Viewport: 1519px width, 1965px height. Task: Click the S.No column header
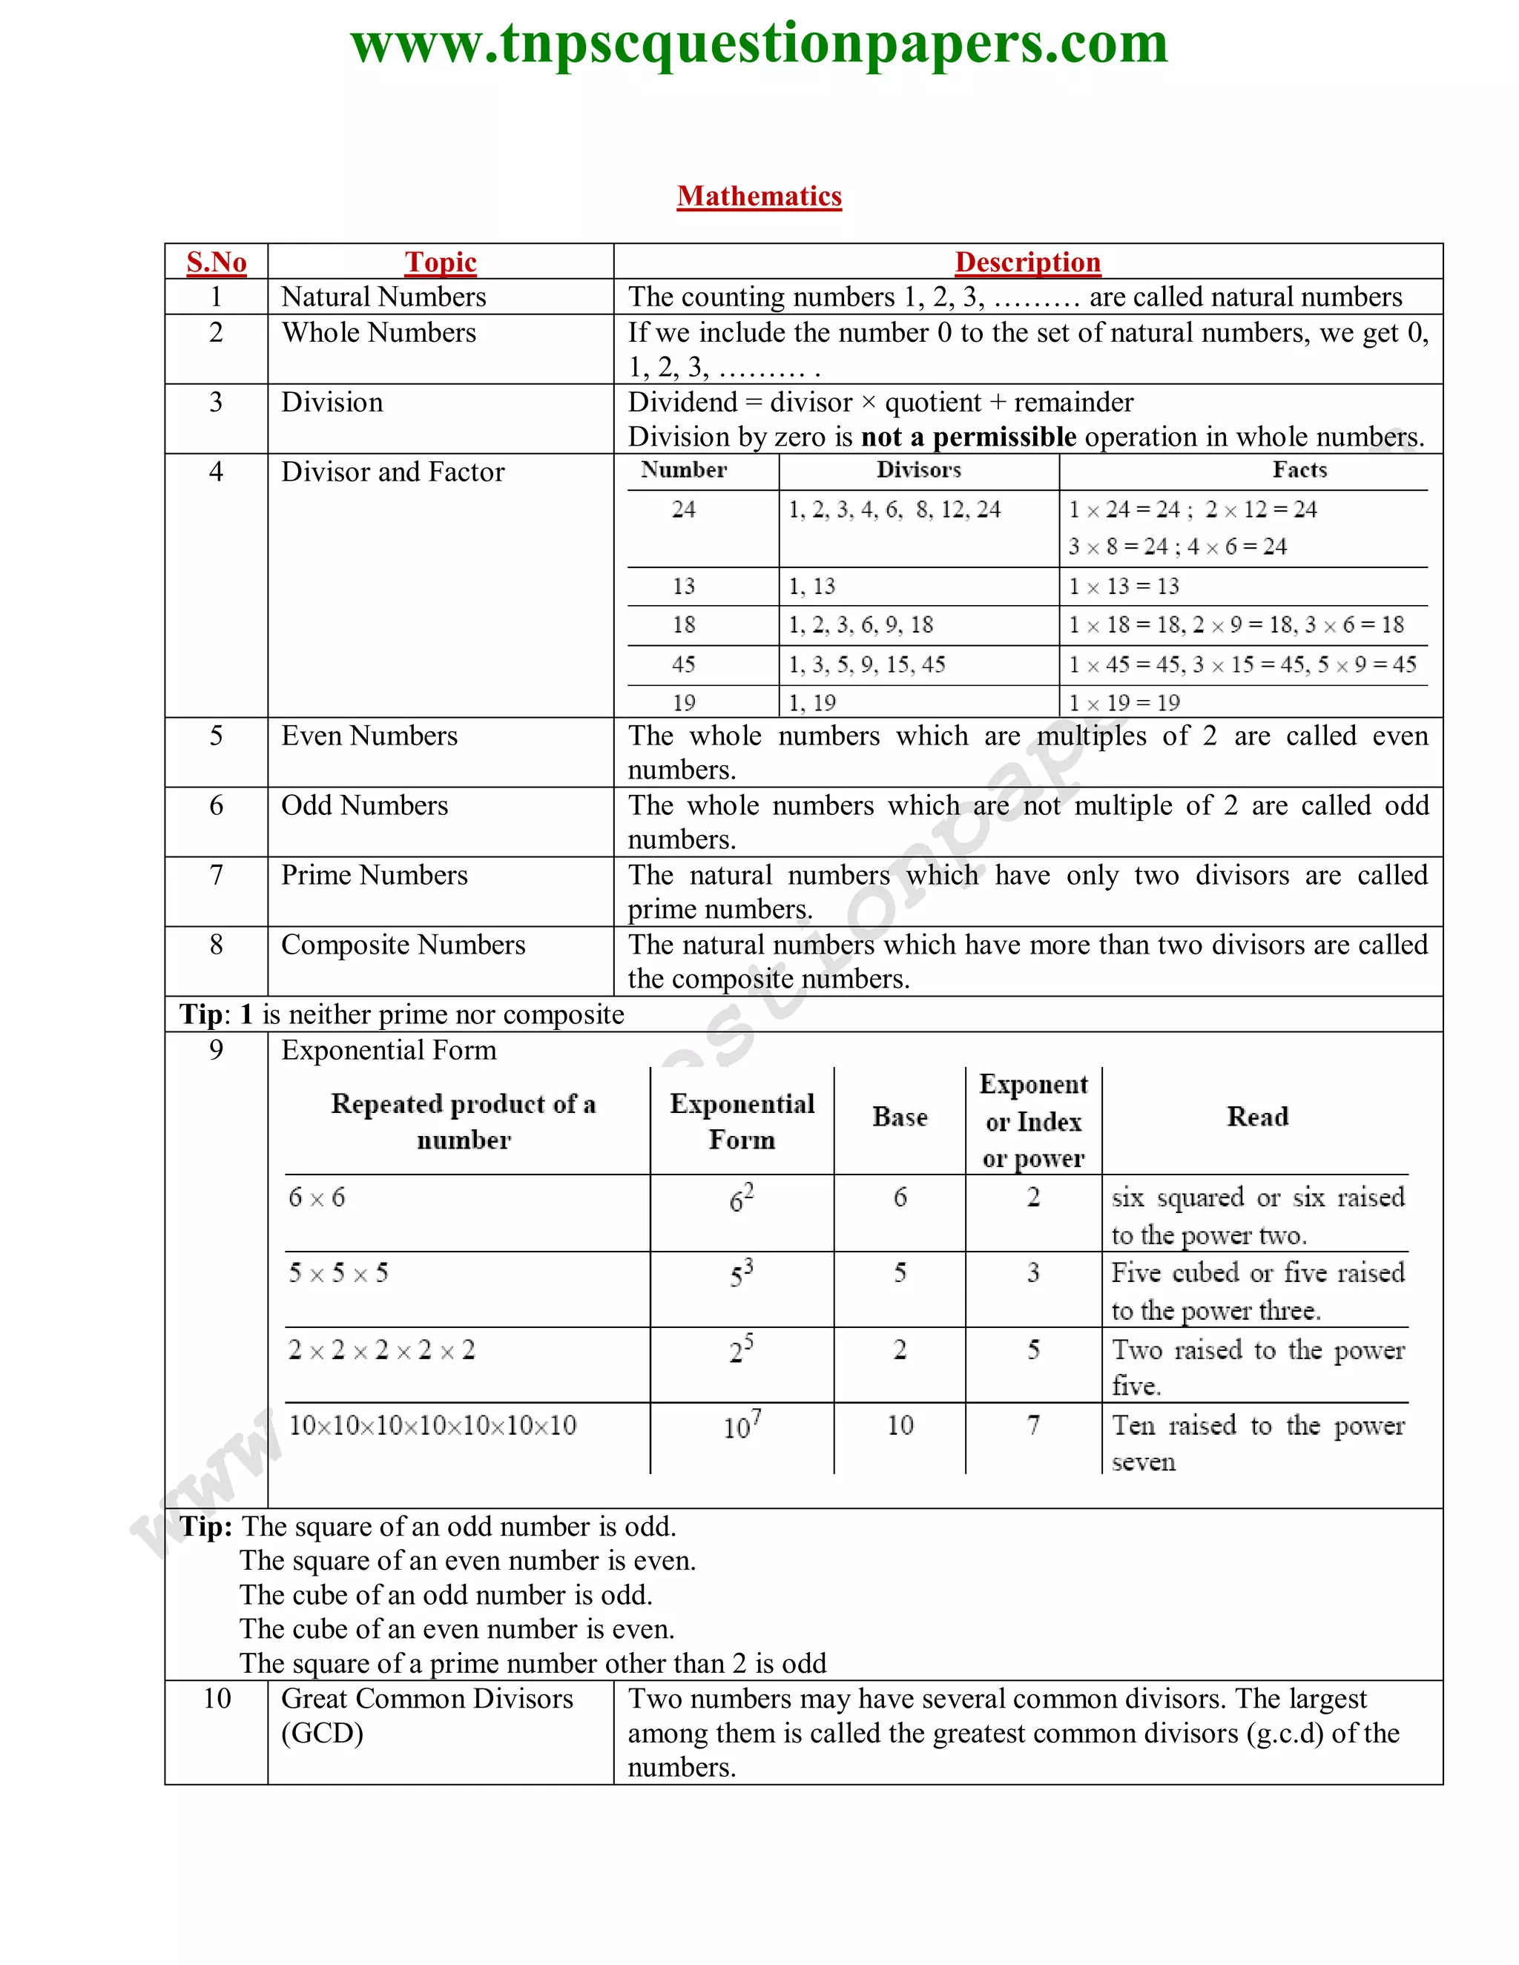click(216, 262)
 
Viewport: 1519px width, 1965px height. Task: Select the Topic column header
click(440, 262)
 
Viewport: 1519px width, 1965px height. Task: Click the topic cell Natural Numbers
click(383, 297)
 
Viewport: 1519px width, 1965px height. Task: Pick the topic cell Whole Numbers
click(379, 333)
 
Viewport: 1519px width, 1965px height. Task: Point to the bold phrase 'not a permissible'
click(968, 437)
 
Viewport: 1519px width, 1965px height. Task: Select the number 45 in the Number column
click(683, 665)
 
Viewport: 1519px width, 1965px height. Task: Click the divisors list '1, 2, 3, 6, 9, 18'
click(860, 625)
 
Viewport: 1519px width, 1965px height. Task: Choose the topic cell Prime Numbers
click(375, 876)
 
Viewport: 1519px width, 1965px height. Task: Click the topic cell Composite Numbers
click(403, 945)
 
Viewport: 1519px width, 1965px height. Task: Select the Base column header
click(899, 1117)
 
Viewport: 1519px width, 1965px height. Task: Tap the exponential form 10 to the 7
click(742, 1425)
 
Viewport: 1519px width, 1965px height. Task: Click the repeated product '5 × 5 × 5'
click(338, 1273)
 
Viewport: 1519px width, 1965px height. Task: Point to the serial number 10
click(216, 1699)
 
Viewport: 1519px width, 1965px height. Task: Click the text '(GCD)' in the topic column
click(322, 1733)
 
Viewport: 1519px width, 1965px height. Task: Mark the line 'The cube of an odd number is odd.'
click(446, 1595)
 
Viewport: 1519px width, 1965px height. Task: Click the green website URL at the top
click(759, 43)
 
